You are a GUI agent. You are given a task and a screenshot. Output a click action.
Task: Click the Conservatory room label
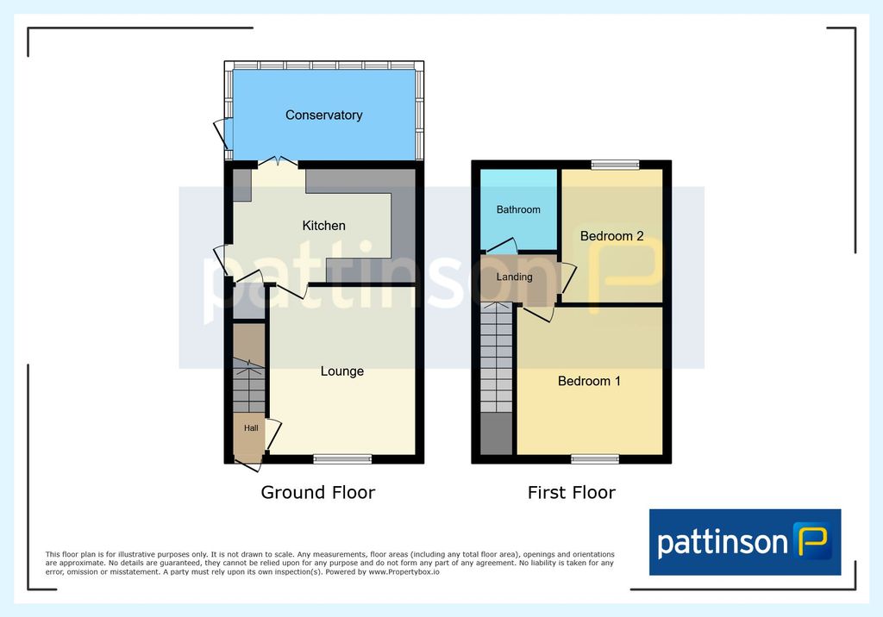click(x=324, y=115)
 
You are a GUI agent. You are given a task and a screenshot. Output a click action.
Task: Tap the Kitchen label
click(x=324, y=226)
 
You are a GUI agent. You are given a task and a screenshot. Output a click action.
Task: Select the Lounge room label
click(x=341, y=371)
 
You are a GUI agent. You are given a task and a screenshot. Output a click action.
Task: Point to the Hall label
click(x=251, y=428)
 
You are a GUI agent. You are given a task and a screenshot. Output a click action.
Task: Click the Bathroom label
click(x=518, y=209)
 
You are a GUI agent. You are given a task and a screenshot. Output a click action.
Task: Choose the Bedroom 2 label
click(x=611, y=236)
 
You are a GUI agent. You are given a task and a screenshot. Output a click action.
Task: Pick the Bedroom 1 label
click(x=589, y=381)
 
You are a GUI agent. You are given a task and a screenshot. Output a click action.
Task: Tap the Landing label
click(x=514, y=277)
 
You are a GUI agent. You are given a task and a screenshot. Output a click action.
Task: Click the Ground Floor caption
click(x=317, y=493)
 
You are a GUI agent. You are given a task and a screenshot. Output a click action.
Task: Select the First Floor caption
click(x=572, y=493)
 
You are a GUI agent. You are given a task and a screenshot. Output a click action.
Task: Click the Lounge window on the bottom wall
click(x=342, y=459)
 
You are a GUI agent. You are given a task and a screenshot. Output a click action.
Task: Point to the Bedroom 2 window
click(x=615, y=165)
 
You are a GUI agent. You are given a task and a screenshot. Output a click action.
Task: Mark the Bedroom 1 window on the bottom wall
click(x=595, y=459)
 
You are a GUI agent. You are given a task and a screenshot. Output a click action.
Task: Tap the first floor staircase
click(x=496, y=358)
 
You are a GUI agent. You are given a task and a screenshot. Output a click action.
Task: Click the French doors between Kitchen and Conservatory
click(x=279, y=162)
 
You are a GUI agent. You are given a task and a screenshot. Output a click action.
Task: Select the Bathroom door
click(x=503, y=246)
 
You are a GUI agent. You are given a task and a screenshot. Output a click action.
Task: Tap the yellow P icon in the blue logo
click(x=812, y=540)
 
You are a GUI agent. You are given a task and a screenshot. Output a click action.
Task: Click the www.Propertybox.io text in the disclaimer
click(x=404, y=572)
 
